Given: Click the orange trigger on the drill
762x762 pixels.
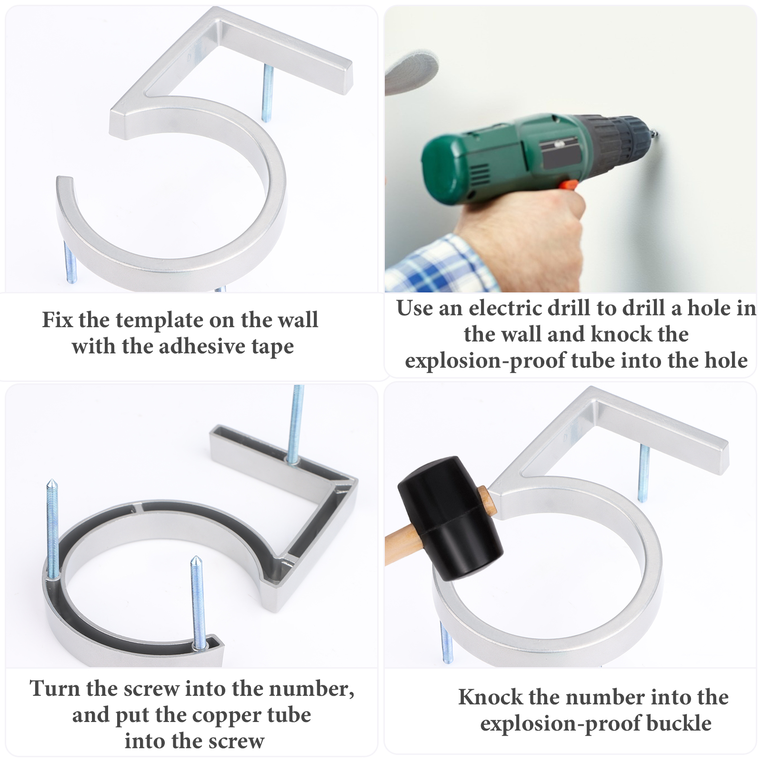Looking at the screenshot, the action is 568,185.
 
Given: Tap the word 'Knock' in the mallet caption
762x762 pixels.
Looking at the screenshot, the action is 491,697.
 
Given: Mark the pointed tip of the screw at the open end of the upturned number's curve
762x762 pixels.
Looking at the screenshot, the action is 196,558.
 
